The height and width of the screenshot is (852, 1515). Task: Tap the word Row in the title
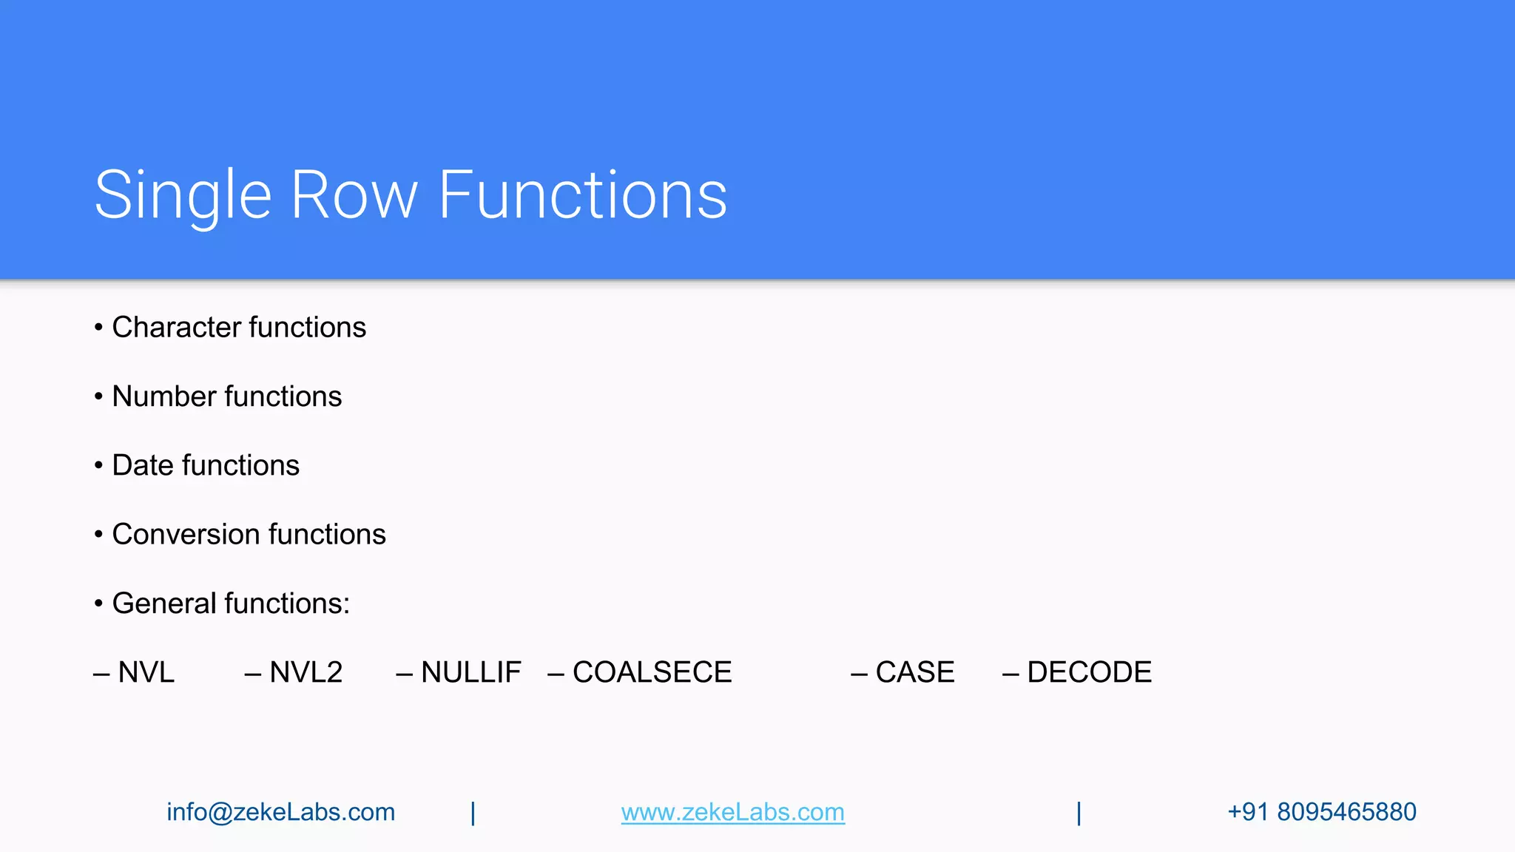(x=354, y=195)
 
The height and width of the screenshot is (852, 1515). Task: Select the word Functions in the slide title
(x=583, y=195)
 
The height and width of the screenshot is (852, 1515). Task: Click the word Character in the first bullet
(x=176, y=327)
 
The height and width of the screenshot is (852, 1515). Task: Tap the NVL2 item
(x=306, y=672)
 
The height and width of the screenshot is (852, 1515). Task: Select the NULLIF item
(x=470, y=672)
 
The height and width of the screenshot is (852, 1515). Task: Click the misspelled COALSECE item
(x=652, y=672)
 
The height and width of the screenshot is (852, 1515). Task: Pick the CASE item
(x=915, y=672)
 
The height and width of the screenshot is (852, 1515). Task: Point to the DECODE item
(x=1089, y=672)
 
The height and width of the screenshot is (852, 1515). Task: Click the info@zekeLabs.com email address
(x=280, y=812)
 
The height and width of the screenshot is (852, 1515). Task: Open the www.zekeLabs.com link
(x=732, y=812)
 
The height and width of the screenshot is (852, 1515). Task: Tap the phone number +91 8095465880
(x=1321, y=812)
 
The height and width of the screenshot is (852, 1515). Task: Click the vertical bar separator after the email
(x=473, y=813)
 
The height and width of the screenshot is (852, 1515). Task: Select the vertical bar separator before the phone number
(x=1079, y=813)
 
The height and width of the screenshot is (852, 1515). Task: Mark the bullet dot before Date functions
(x=98, y=466)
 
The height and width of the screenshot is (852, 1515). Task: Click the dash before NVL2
(x=253, y=674)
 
